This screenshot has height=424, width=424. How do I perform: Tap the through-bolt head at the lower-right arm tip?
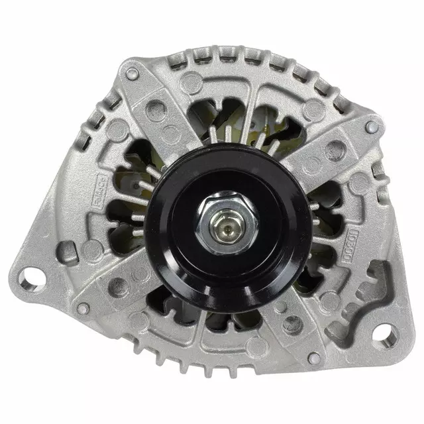click(314, 358)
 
